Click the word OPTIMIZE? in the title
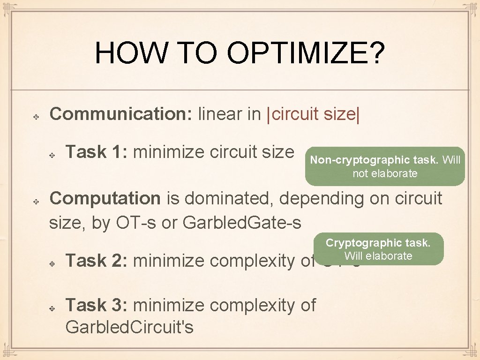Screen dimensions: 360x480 [307, 53]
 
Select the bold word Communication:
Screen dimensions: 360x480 [120, 114]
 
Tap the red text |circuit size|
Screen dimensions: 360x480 [313, 114]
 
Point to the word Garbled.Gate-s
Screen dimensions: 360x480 [242, 223]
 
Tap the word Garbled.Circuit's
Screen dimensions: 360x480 [129, 327]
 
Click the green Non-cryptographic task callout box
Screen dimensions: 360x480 [385, 166]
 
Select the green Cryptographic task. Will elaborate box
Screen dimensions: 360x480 [378, 249]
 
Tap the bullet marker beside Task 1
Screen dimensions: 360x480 [52, 154]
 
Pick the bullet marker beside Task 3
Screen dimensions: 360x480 [52, 307]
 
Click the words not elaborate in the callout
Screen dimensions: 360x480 [385, 173]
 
